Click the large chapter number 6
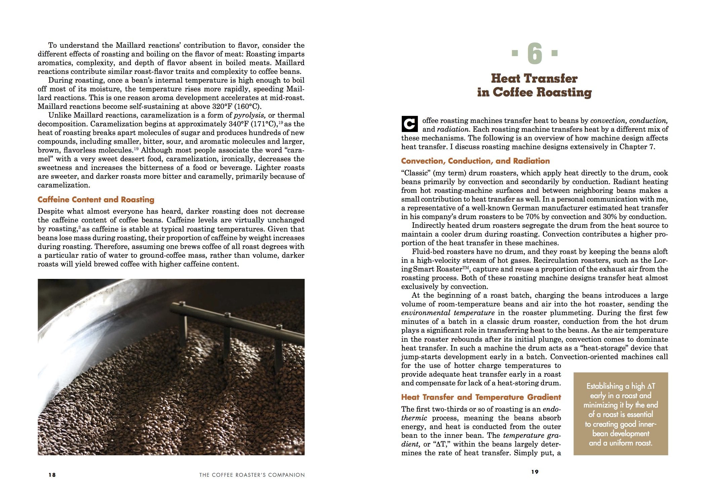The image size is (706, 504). (535, 54)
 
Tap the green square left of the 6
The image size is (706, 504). (514, 53)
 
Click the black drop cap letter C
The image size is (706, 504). (409, 124)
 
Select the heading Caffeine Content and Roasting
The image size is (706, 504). (96, 200)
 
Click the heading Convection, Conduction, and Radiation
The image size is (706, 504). (475, 161)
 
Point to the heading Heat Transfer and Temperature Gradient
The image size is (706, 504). (481, 397)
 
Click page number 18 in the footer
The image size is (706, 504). (52, 475)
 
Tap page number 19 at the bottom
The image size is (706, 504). (535, 472)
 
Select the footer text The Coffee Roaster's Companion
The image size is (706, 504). (252, 475)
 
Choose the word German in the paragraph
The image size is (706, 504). (517, 208)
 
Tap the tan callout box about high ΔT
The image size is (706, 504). (621, 414)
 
